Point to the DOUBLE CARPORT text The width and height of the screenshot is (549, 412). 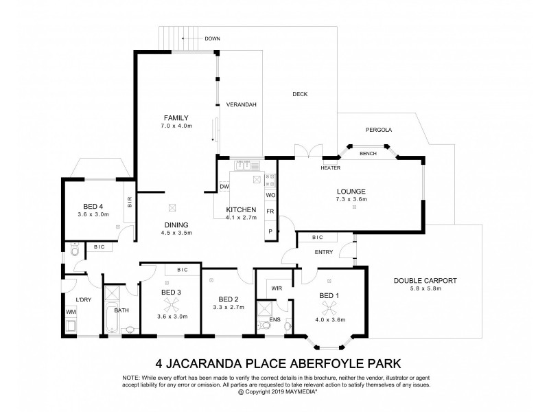tap(425, 281)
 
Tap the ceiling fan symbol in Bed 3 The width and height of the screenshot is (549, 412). tap(167, 303)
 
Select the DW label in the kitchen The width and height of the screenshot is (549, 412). tap(224, 186)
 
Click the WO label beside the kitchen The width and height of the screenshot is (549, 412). tap(270, 195)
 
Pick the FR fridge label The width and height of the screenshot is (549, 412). tap(270, 211)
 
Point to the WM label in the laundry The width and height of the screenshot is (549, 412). tap(71, 312)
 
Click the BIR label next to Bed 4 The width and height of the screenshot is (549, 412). tap(129, 202)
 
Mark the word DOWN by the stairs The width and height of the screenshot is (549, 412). tap(212, 39)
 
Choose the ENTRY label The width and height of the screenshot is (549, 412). tap(324, 252)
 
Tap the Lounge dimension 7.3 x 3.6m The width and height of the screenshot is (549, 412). tap(351, 199)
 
